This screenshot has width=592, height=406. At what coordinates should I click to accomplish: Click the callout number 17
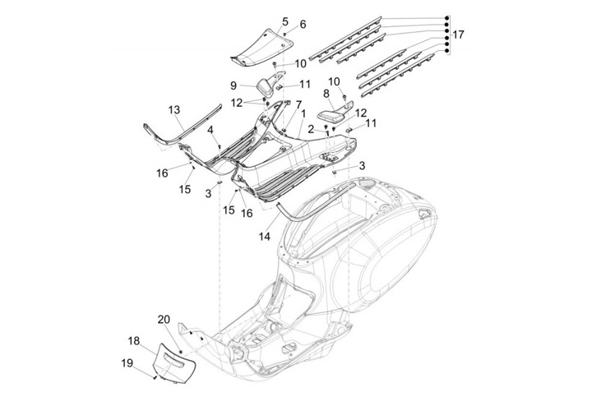pyautogui.click(x=458, y=35)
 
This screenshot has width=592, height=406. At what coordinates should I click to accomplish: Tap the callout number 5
pyautogui.click(x=284, y=21)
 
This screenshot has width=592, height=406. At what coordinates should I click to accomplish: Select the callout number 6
pyautogui.click(x=302, y=25)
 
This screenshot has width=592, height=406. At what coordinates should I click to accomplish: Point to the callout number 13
pyautogui.click(x=174, y=109)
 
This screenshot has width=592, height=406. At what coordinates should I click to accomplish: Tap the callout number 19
pyautogui.click(x=128, y=362)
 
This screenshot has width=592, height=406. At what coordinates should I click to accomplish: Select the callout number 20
pyautogui.click(x=163, y=319)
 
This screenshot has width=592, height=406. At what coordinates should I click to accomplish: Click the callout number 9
pyautogui.click(x=234, y=85)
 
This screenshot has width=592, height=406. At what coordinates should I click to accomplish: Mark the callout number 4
pyautogui.click(x=210, y=130)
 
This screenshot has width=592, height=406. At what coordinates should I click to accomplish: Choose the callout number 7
pyautogui.click(x=287, y=104)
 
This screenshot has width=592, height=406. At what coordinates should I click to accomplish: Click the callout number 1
pyautogui.click(x=303, y=114)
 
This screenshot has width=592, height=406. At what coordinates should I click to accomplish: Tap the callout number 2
pyautogui.click(x=311, y=130)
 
